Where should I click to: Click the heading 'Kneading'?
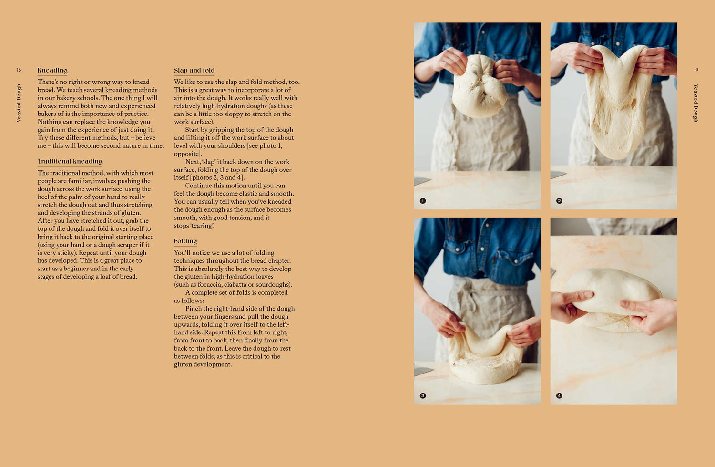tap(52, 70)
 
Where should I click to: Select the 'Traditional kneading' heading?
tap(70, 161)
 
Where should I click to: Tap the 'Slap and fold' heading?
tap(194, 70)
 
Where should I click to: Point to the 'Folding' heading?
tap(185, 241)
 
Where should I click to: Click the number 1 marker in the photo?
tap(423, 201)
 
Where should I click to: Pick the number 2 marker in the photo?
tap(559, 201)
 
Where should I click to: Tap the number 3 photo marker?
tap(423, 396)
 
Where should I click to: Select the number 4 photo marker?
tap(559, 396)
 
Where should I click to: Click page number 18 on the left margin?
tap(19, 70)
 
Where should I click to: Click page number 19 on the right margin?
tap(696, 70)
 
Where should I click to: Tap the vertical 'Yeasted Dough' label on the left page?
tap(19, 103)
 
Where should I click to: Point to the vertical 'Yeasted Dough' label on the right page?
tap(696, 103)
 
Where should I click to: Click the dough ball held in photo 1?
tap(479, 86)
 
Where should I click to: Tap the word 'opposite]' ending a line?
tap(188, 154)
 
